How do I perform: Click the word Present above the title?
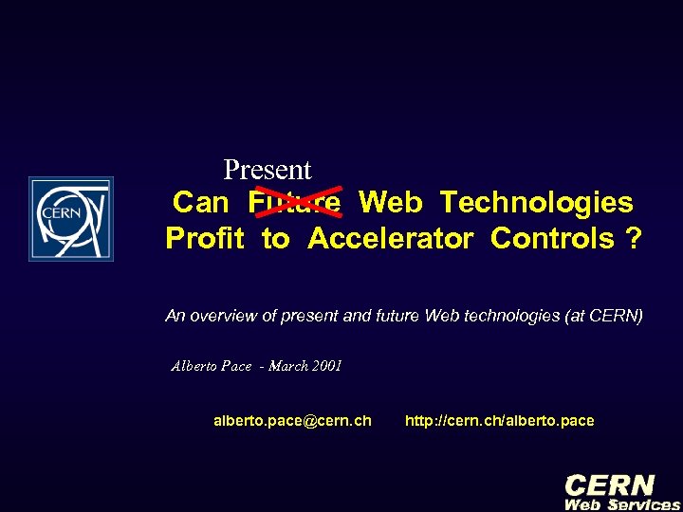click(x=268, y=170)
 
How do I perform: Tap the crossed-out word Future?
click(x=294, y=202)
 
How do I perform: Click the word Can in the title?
click(x=201, y=202)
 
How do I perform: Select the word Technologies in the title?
click(x=537, y=202)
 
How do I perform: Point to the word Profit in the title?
click(x=205, y=238)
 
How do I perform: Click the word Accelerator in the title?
click(x=390, y=238)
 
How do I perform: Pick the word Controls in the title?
click(x=552, y=238)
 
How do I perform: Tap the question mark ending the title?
click(x=633, y=238)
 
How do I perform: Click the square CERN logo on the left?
click(x=70, y=219)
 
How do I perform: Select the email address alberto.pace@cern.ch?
click(x=292, y=420)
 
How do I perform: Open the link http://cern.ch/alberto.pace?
click(x=500, y=420)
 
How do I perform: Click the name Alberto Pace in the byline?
click(x=211, y=366)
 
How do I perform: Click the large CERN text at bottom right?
click(x=609, y=485)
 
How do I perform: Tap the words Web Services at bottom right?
click(x=622, y=504)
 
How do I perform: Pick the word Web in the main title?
click(x=391, y=202)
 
